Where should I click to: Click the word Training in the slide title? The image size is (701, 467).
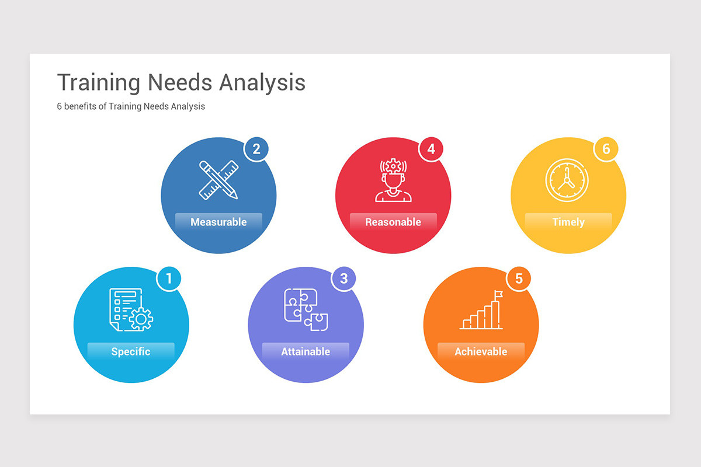98,82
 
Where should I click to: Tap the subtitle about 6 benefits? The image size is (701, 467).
131,107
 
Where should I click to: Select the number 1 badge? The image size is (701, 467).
169,278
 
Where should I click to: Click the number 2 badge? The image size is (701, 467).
256,149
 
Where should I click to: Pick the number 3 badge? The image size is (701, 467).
343,278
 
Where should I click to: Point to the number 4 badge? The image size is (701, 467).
431,149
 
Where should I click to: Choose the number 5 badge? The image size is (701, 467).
519,278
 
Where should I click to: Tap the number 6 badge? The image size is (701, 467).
606,149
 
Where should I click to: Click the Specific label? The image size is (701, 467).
131,351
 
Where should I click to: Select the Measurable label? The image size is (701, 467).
218,222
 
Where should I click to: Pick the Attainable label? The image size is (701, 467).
306,351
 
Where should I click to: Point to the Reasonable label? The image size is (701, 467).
393,222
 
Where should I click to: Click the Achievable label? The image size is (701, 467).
481,351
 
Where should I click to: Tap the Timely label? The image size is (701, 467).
568,222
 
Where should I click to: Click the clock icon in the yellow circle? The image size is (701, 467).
567,180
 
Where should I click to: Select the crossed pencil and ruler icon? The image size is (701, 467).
218,180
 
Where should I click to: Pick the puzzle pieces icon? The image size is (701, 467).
306,309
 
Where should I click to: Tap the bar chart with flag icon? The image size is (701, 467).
481,311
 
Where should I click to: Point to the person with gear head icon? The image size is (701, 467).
393,180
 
